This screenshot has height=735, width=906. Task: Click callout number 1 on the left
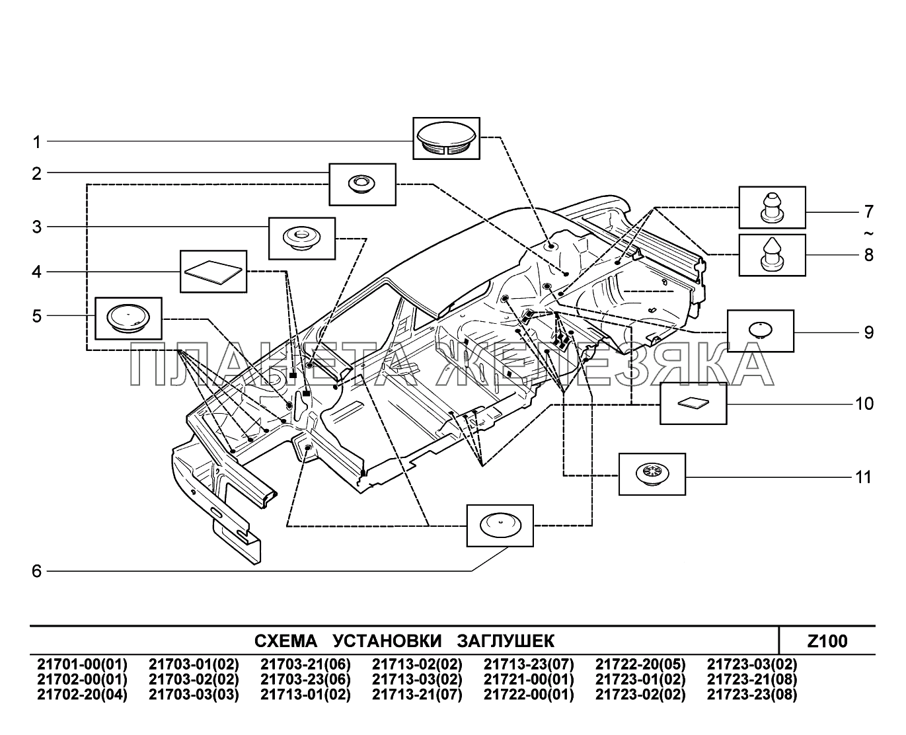point(37,141)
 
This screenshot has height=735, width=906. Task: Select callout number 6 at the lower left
point(37,571)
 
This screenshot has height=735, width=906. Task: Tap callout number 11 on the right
point(864,477)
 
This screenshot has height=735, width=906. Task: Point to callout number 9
point(868,332)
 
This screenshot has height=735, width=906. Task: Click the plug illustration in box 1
point(446,138)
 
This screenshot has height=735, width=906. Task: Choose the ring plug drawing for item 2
point(362,184)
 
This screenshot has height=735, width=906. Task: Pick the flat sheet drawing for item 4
point(213,271)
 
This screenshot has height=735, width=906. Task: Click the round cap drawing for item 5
point(128,318)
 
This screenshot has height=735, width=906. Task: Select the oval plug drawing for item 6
point(500,526)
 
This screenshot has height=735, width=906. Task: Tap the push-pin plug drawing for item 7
point(772,208)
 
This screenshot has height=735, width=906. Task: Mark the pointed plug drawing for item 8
point(772,254)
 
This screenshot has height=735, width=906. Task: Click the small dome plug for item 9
point(761,330)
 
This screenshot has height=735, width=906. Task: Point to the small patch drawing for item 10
point(693,403)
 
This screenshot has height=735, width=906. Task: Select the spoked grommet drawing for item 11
point(652,474)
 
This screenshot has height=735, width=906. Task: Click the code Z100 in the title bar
point(827,641)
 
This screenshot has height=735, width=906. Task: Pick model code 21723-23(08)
point(752,695)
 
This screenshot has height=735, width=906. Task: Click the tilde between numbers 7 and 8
point(868,233)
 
